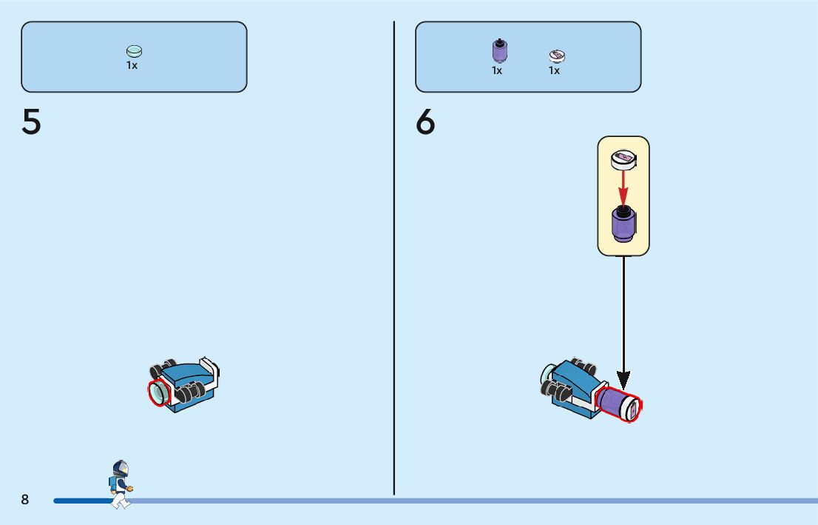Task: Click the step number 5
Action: click(32, 122)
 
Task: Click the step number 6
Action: click(425, 122)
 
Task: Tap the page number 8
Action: click(25, 500)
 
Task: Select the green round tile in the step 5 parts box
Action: click(134, 51)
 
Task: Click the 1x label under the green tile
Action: click(132, 65)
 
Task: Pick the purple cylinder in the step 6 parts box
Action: click(499, 50)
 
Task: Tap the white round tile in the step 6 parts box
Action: click(556, 55)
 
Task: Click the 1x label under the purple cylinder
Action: click(497, 70)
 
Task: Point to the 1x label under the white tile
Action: click(554, 70)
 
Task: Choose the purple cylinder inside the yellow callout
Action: click(623, 224)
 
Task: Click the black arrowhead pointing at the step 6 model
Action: click(623, 381)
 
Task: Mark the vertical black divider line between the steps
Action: click(394, 259)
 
